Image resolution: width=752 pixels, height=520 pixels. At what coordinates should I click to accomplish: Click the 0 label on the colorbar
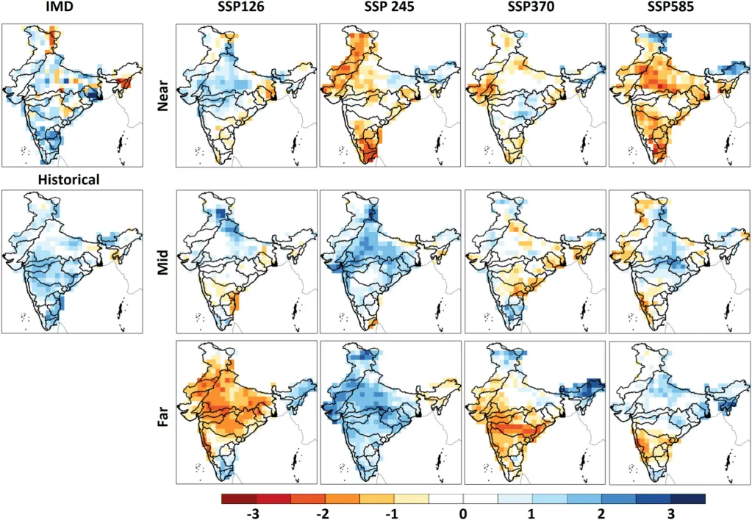(x=463, y=512)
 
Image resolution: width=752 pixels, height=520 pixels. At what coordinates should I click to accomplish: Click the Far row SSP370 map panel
(x=534, y=412)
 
